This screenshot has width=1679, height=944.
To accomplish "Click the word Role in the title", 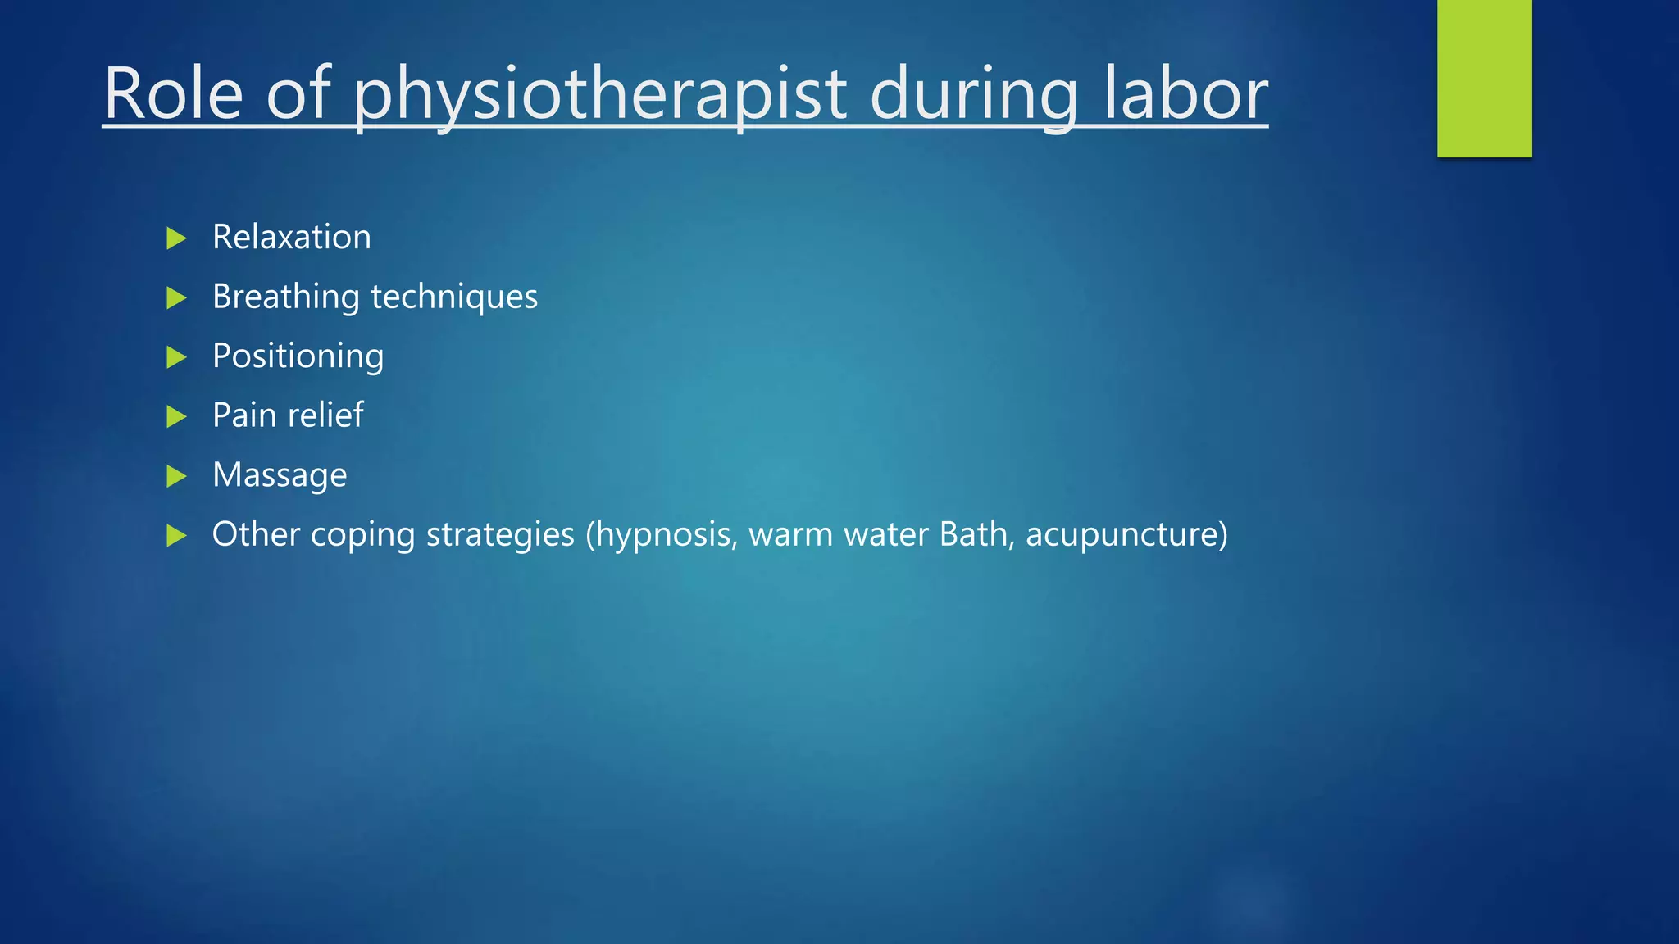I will [174, 94].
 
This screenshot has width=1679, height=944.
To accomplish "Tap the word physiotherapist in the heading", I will [599, 97].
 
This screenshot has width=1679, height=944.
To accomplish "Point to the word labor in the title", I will [1185, 94].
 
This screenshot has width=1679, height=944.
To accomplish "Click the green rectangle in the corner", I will [1484, 78].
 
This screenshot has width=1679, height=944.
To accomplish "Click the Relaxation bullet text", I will [291, 238].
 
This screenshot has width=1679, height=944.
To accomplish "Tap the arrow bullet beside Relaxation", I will [176, 238].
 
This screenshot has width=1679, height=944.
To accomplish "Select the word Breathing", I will [285, 297].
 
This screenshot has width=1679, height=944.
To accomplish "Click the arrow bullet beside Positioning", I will [176, 357].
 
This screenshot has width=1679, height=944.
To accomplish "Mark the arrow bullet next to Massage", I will [176, 476].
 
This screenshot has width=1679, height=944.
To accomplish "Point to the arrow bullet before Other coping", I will [176, 536].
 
